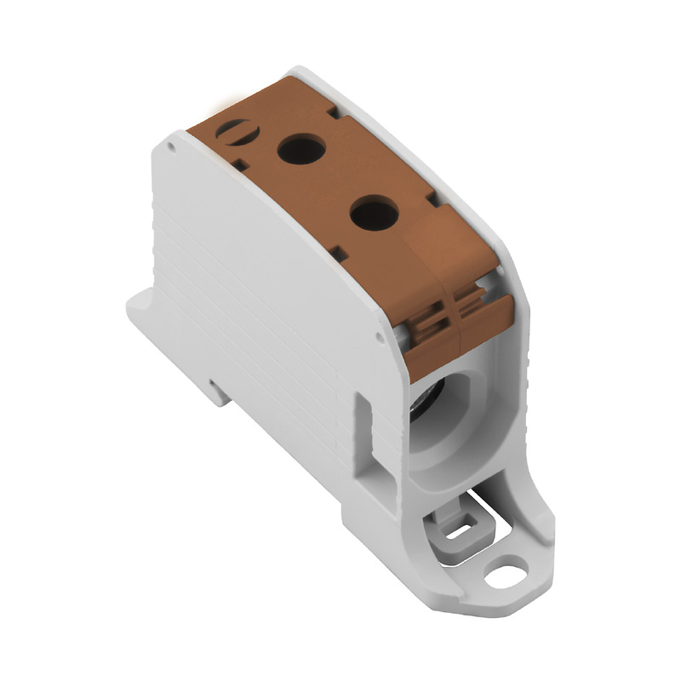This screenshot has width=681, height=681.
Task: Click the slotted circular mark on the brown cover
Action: pos(231,130)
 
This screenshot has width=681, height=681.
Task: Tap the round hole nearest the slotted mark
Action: pos(301,151)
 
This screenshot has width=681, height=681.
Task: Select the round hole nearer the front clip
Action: pos(374,213)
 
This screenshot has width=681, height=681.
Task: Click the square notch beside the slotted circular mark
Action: pos(241,165)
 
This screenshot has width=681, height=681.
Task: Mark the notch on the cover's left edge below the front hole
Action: pos(338,253)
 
